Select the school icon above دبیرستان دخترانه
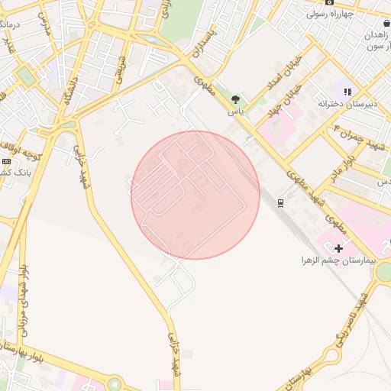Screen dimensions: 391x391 point(347,92)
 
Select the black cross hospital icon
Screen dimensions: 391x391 point(338,247)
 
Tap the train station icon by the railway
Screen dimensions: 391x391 point(280,202)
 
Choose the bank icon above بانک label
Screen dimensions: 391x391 point(6,161)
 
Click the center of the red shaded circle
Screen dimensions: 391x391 point(195,195)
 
